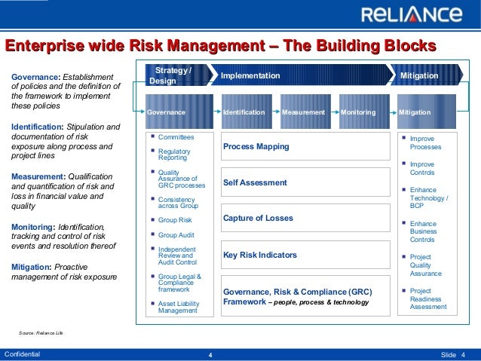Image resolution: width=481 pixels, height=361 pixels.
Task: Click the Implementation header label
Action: (x=250, y=76)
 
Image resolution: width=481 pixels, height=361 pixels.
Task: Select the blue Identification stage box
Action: (x=244, y=112)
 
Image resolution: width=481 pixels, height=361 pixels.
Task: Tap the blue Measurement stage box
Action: (x=303, y=112)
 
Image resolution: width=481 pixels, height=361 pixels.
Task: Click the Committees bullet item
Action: (x=176, y=137)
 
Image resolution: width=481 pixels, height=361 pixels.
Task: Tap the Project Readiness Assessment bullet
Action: (x=427, y=298)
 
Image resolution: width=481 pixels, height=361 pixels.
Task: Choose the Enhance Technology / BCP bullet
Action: (x=428, y=198)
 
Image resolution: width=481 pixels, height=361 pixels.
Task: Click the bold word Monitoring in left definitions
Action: (x=33, y=226)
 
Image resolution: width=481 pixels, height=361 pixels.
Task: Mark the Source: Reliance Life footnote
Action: (x=41, y=332)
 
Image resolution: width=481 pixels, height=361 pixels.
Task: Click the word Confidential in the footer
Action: (x=23, y=353)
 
